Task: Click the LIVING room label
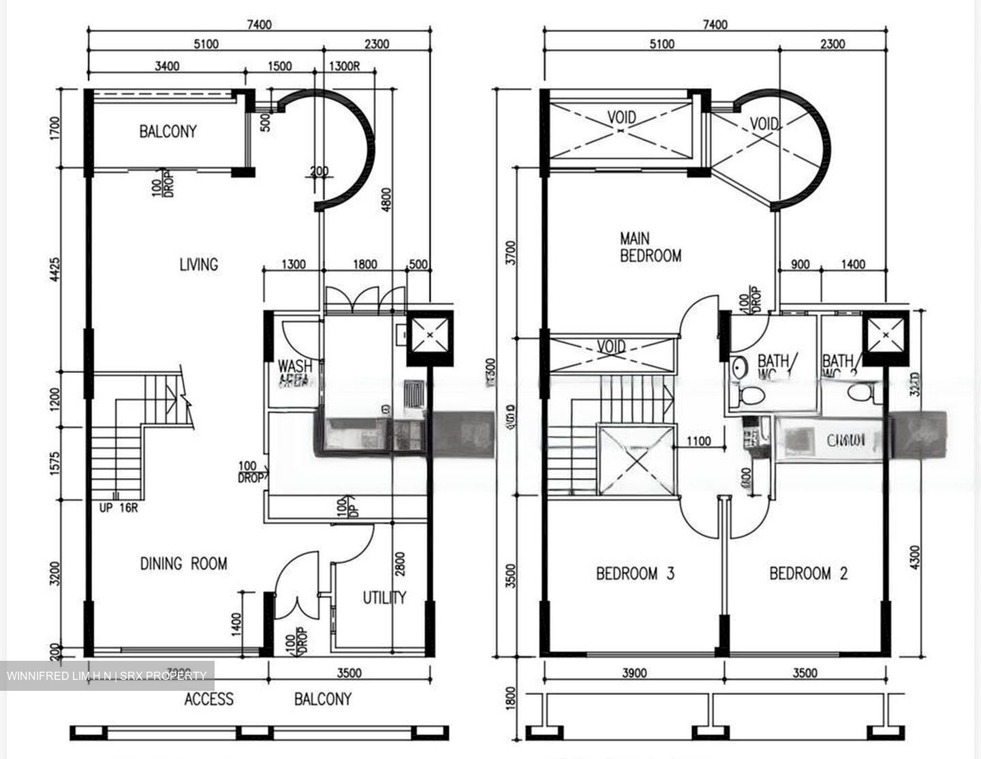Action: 198,264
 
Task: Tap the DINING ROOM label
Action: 183,563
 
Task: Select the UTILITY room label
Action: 384,597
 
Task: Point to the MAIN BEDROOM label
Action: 650,248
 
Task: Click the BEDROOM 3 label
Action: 635,574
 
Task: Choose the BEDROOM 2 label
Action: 808,574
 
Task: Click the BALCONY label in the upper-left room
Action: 168,131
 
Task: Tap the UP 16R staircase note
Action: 118,507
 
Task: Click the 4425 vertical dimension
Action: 55,271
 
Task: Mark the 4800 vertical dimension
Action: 387,201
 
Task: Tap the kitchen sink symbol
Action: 414,394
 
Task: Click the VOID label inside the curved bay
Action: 764,123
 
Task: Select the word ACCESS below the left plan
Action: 208,699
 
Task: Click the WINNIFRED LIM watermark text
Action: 106,676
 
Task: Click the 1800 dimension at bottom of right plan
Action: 512,697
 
